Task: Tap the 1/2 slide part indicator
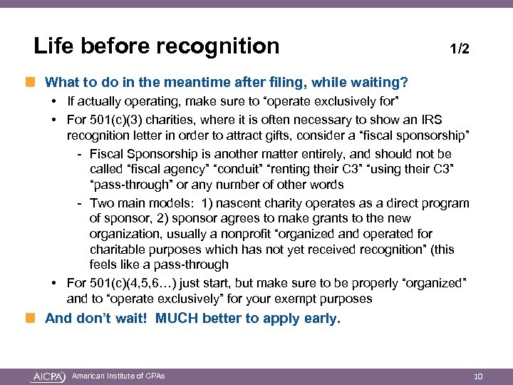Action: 460,49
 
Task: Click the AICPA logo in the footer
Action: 48,376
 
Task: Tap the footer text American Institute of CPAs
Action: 118,376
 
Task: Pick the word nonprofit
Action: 252,234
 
